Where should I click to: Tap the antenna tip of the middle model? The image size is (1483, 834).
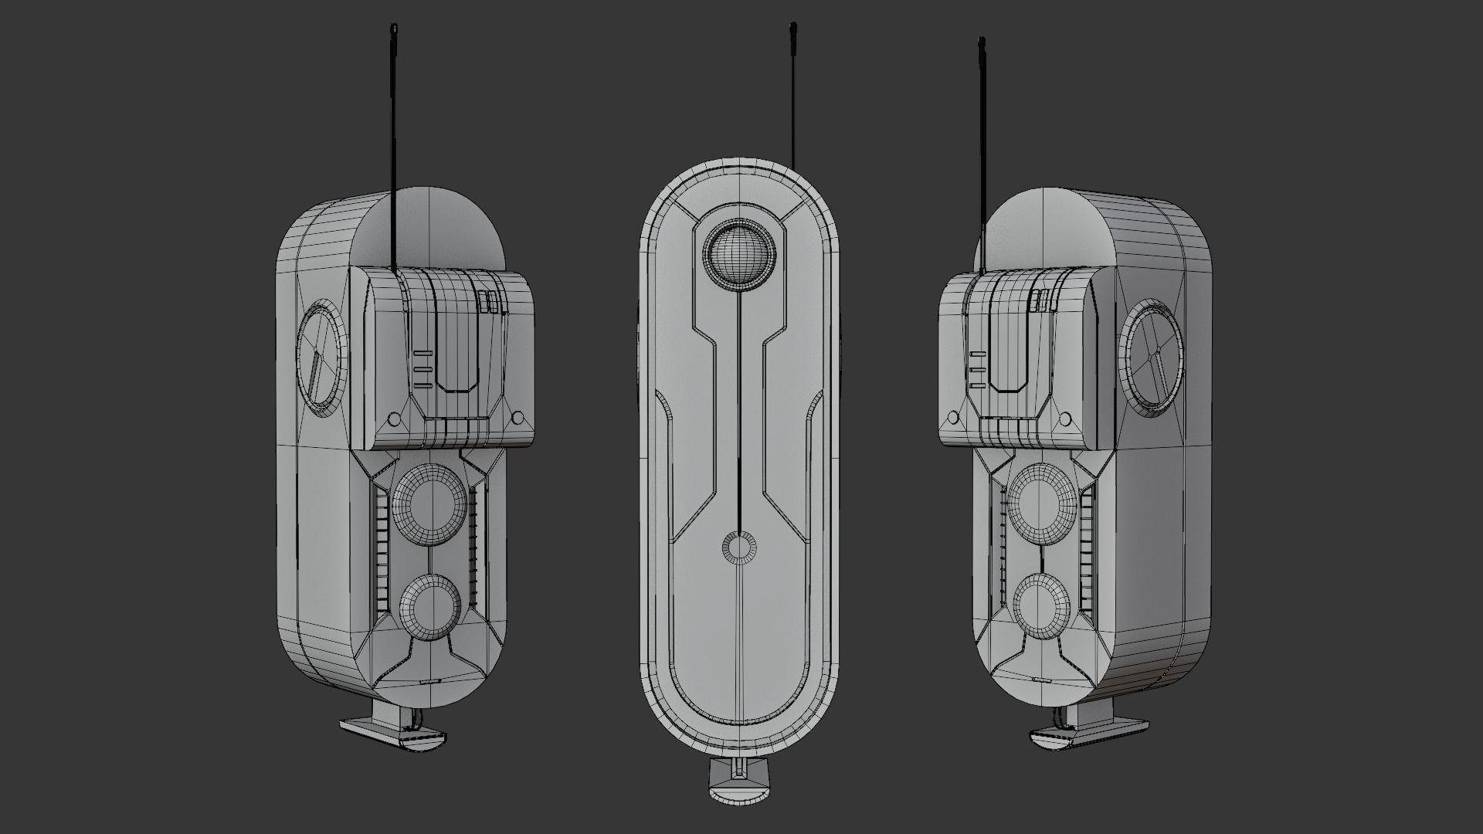point(792,29)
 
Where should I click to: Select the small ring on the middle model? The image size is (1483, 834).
point(739,548)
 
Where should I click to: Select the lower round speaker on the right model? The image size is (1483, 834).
point(1041,603)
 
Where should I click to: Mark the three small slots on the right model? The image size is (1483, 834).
point(978,369)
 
